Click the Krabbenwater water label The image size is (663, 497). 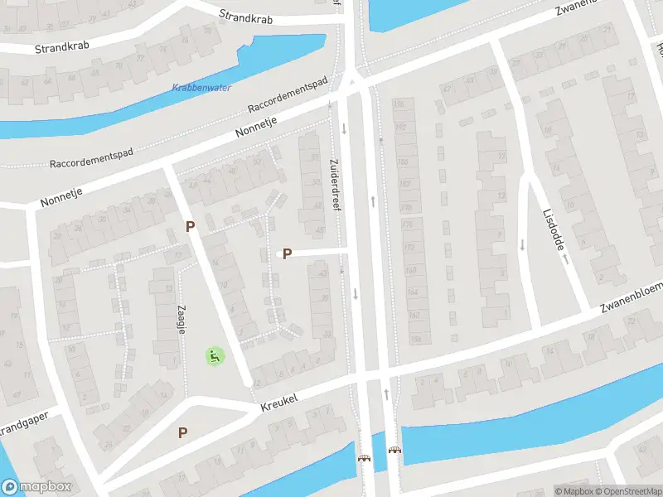201,88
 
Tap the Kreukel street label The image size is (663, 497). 278,402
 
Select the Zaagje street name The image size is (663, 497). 180,319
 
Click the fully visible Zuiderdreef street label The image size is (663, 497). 336,185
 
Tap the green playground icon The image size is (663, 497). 215,356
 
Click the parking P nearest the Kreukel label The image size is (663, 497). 183,432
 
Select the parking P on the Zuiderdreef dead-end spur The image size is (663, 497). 287,254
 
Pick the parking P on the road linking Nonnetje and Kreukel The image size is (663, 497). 190,226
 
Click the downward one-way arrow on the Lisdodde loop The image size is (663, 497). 522,244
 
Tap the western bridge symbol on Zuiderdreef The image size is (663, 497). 363,458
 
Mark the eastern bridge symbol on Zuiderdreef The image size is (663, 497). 394,451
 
